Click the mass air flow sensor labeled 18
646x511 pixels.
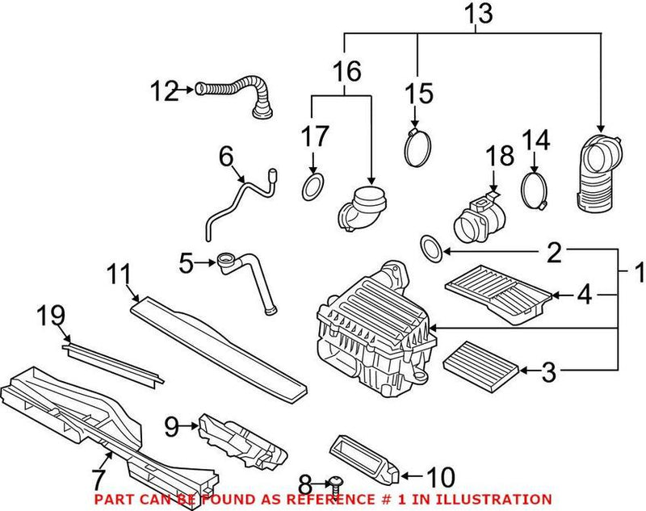coord(475,216)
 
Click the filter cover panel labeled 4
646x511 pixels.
coord(498,295)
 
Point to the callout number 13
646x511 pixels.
coord(477,14)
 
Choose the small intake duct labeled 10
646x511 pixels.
coord(363,457)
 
